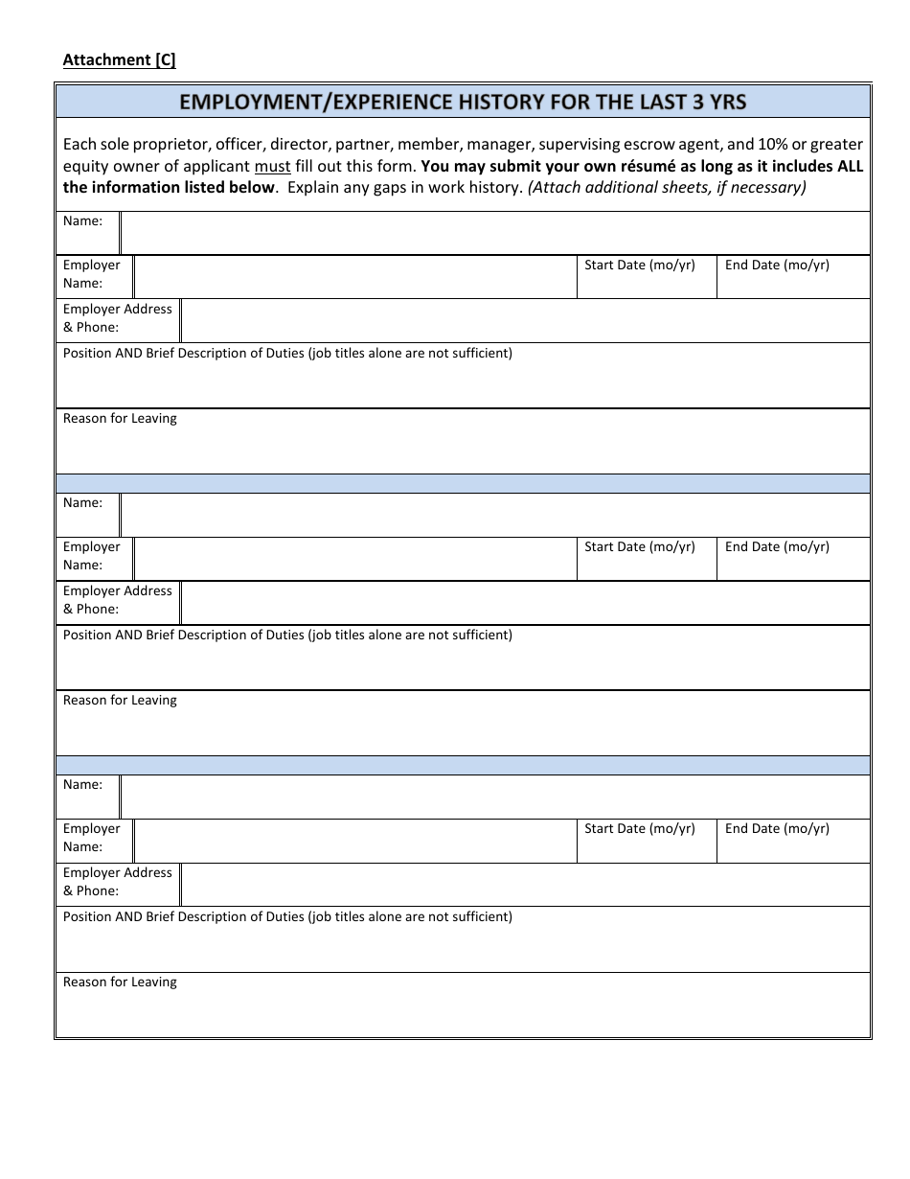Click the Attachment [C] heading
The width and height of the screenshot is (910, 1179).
[119, 59]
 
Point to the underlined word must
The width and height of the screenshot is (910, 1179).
[272, 166]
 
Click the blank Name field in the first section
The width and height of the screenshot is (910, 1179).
[495, 233]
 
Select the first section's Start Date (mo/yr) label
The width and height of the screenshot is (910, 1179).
[640, 265]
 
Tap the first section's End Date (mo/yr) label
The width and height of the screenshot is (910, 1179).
[777, 265]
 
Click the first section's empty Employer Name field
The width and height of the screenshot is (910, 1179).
[355, 277]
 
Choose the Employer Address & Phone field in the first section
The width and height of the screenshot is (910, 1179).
[525, 321]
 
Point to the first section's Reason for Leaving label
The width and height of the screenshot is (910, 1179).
[120, 419]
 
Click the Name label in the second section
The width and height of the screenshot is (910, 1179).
[82, 503]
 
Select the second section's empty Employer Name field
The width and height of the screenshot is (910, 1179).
[355, 559]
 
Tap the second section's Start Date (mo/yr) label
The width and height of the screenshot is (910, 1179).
[640, 546]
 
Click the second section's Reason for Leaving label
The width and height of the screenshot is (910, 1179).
[120, 701]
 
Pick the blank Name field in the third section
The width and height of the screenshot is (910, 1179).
[495, 797]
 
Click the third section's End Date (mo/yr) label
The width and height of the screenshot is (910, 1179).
[777, 828]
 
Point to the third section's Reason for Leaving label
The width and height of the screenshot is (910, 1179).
[120, 982]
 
